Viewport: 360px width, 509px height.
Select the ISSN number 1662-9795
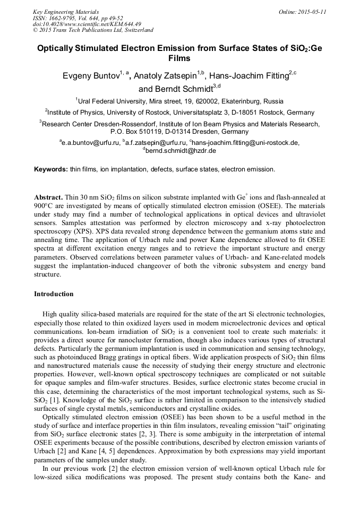(x=61, y=18)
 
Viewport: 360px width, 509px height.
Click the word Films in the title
(x=179, y=58)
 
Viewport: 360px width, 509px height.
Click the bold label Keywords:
(x=50, y=169)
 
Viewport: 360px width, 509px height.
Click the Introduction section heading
(x=54, y=294)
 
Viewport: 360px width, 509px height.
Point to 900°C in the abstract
(x=43, y=204)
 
